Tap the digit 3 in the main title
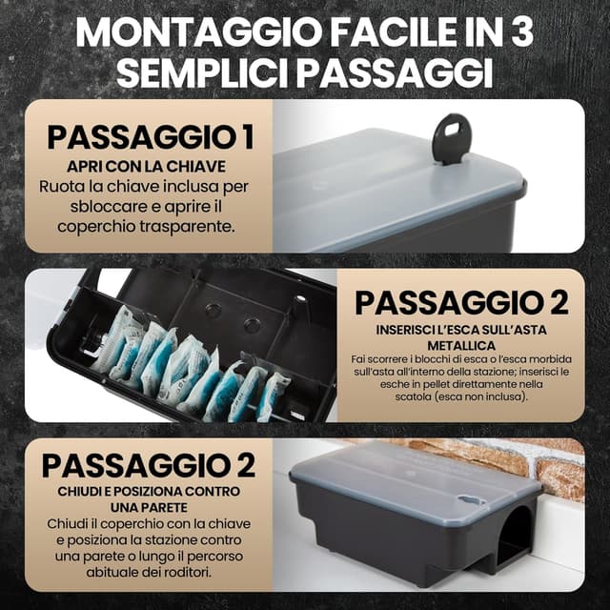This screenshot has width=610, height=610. point(518,31)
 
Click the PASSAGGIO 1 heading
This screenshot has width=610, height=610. point(151,137)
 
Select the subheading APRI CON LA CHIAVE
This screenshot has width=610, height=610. point(146,167)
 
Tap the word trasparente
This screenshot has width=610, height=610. point(188,227)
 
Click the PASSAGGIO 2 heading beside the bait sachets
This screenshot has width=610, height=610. point(461,303)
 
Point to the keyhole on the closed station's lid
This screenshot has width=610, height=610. point(470,498)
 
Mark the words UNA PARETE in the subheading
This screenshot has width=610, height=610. point(149,508)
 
